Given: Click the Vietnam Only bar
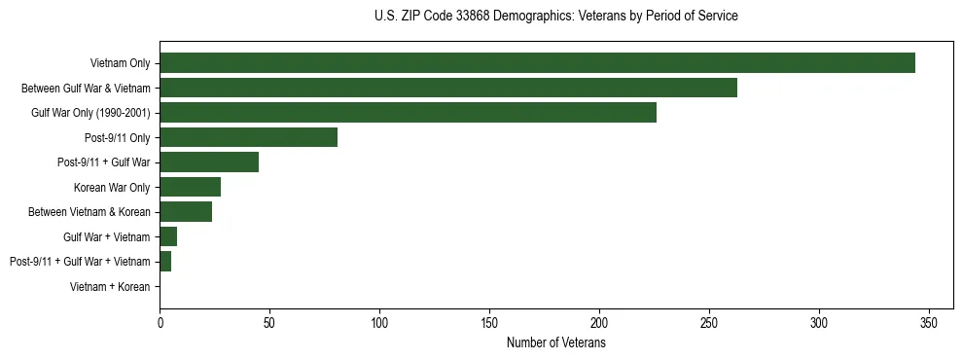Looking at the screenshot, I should pyautogui.click(x=537, y=63).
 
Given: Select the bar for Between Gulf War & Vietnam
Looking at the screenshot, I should pyautogui.click(x=448, y=88).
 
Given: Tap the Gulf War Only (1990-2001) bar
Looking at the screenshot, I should pyautogui.click(x=408, y=113).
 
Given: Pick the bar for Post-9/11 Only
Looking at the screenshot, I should pyautogui.click(x=248, y=137).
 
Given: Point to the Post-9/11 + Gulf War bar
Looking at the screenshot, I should pyautogui.click(x=209, y=162).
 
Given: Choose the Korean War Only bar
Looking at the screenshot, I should pyautogui.click(x=191, y=187).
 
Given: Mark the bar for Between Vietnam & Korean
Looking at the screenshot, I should pyautogui.click(x=186, y=212).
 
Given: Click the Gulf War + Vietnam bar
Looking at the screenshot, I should pyautogui.click(x=168, y=236).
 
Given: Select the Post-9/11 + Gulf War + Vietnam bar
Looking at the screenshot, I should pyautogui.click(x=165, y=262).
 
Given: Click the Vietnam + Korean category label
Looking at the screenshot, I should pyautogui.click(x=110, y=287).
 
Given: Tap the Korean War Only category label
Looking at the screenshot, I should pyautogui.click(x=112, y=188).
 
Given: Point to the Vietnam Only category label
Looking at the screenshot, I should pyautogui.click(x=120, y=64).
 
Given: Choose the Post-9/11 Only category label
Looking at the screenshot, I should pyautogui.click(x=119, y=138).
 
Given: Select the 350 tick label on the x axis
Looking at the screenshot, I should pyautogui.click(x=929, y=322).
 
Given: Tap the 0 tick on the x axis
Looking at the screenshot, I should pyautogui.click(x=160, y=322).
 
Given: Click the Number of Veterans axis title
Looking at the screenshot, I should pyautogui.click(x=555, y=342).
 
